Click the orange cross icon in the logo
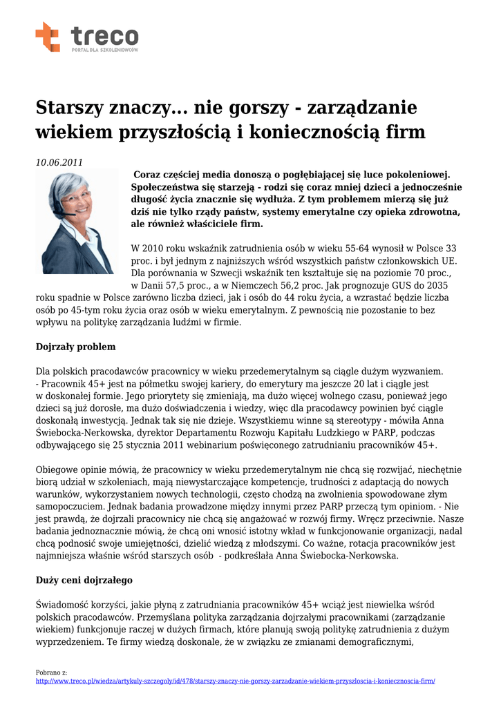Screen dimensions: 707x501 pos(48,37)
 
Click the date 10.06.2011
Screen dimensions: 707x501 pos(59,163)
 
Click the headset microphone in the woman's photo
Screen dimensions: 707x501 pos(72,213)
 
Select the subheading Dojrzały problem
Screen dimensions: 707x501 pos(75,347)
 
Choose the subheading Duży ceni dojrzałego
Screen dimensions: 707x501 pos(84,580)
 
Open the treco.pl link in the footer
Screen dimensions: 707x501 pos(235,681)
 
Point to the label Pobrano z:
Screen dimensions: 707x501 pos(51,672)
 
